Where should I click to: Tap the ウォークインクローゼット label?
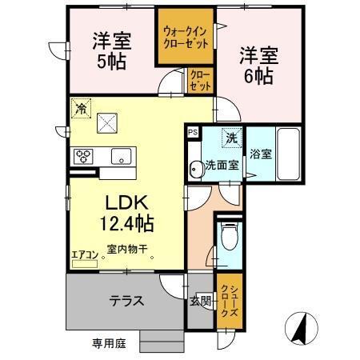pos(185,37)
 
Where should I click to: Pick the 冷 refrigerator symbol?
pos(79,106)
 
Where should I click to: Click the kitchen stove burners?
pos(83,156)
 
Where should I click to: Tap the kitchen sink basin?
pos(121,155)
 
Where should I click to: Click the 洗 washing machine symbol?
pos(231,138)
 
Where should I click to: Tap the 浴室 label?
pos(260,153)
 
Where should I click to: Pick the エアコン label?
pos(84,255)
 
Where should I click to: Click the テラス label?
pos(126,301)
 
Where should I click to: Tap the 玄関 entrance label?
pos(200,301)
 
